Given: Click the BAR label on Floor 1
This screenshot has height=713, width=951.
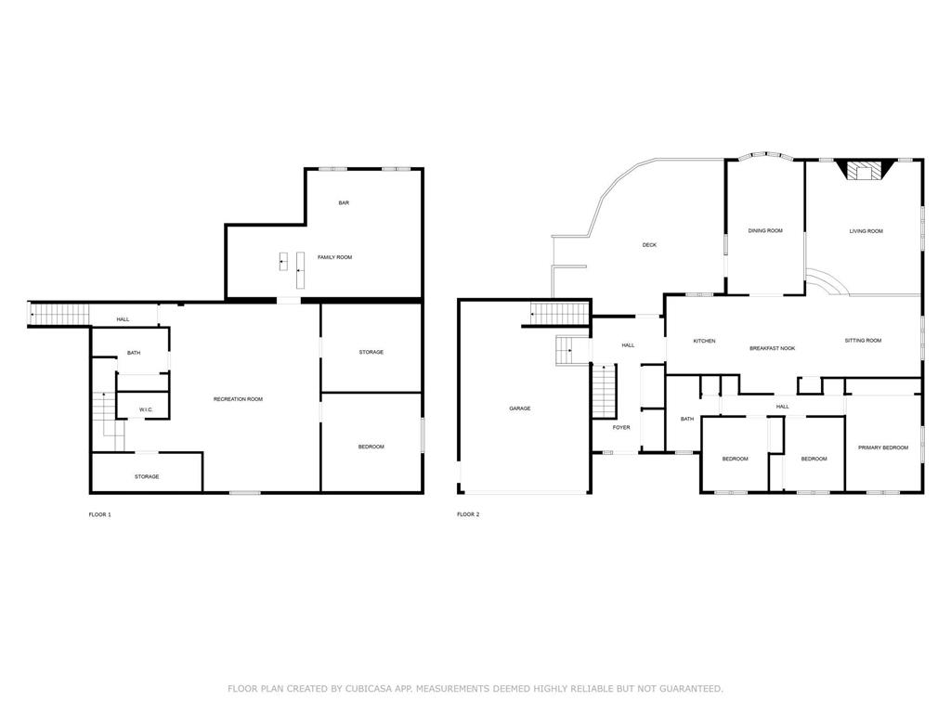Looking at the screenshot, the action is [344, 203].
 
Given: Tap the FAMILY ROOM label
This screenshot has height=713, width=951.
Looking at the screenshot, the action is [334, 258].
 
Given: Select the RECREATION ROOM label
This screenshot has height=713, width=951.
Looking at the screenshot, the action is [239, 399].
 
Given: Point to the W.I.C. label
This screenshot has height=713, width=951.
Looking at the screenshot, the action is [146, 409].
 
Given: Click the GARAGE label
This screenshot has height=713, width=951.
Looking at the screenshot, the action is [520, 408].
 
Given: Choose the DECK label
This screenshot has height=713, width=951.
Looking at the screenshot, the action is [649, 245].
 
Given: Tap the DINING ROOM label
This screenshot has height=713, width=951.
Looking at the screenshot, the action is [765, 231].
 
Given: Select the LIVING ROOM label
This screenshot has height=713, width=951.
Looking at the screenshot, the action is [866, 231].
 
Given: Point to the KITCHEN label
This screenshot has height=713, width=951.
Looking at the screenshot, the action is [704, 342].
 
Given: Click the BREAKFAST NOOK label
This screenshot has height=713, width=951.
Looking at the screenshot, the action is [772, 349].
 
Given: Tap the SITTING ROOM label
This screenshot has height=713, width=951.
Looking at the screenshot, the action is [863, 341].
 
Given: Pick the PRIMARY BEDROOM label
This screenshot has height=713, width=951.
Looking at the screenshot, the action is [883, 448].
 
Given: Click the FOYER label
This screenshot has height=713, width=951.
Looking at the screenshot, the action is [621, 428].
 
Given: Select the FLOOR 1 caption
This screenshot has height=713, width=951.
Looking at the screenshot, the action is [100, 514].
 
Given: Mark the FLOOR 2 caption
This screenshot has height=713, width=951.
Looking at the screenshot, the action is [468, 514].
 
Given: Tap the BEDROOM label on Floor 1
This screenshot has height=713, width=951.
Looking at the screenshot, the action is [371, 447].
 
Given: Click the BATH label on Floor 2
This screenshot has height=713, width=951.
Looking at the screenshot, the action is [687, 419].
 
